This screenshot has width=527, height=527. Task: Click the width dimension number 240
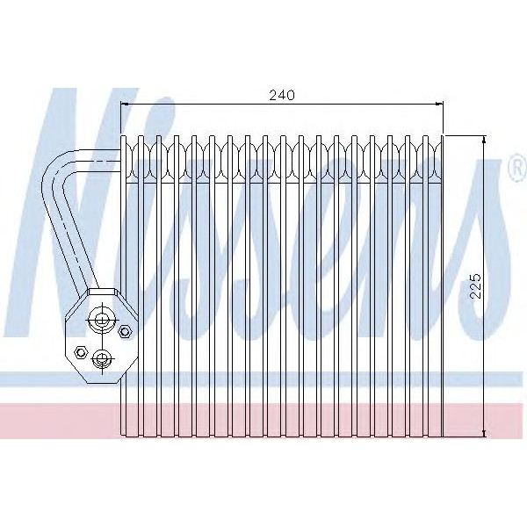281,94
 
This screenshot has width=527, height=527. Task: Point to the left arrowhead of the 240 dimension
124,105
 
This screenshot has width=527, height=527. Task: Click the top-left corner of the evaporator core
120,136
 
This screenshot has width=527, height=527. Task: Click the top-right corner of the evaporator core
444,136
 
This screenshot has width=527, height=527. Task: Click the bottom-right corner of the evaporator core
444,437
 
